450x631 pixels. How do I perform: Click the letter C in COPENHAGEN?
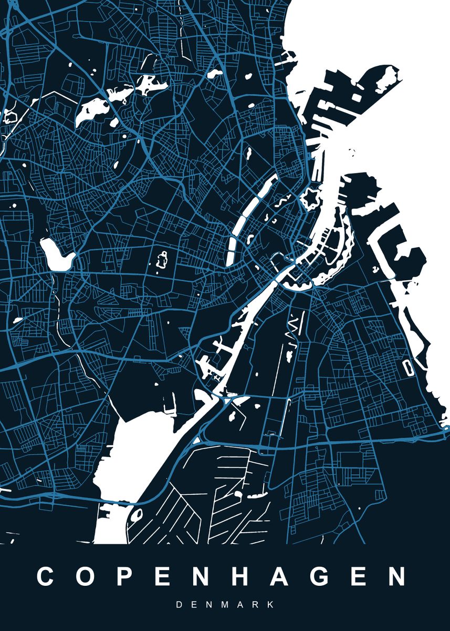[x=46, y=576]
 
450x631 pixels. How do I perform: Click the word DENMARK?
[x=225, y=605]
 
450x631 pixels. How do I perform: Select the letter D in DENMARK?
[x=179, y=605]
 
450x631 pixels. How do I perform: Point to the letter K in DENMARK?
[x=270, y=605]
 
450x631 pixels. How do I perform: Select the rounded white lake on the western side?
[x=56, y=255]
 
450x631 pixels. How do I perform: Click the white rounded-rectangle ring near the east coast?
[x=407, y=367]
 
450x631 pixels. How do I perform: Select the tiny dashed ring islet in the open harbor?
[x=351, y=152]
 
